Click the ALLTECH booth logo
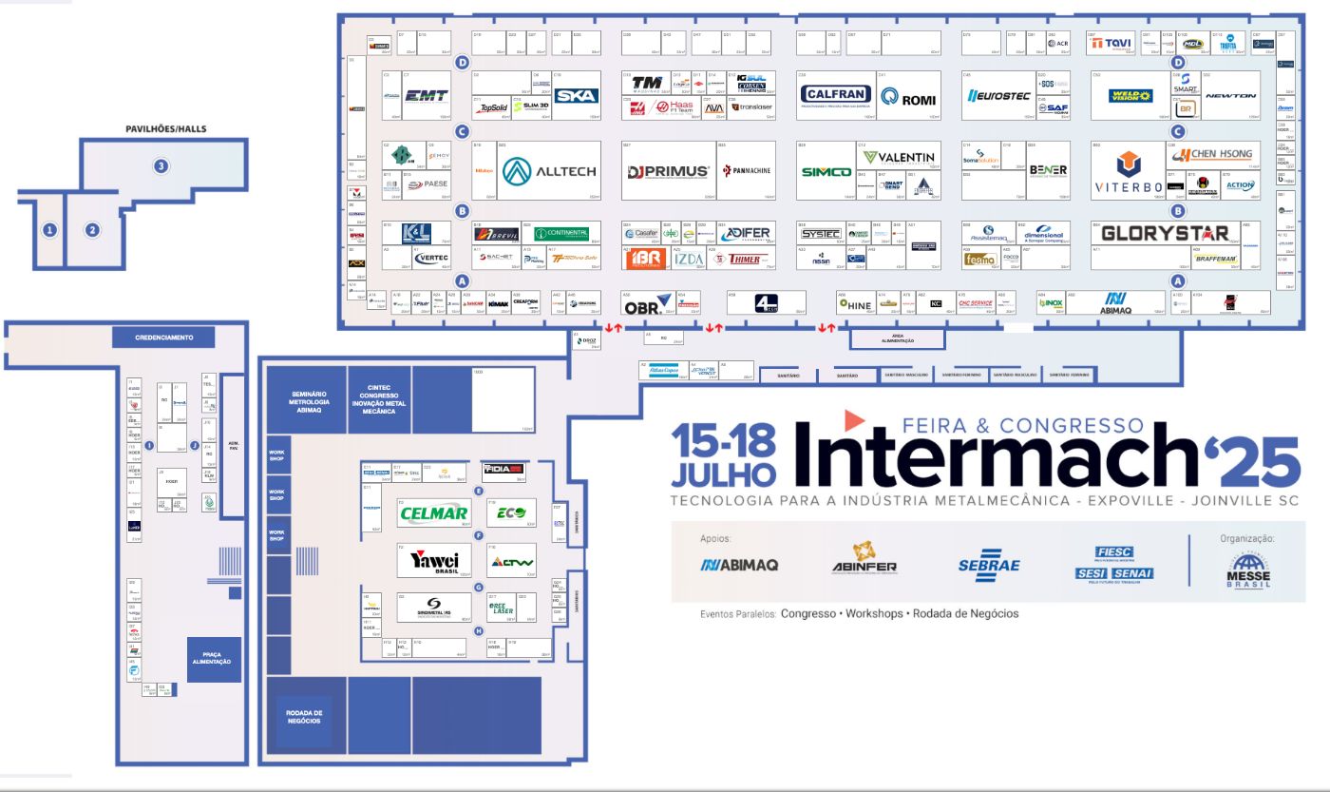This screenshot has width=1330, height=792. pyautogui.click(x=551, y=171)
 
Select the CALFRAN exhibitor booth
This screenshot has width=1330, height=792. pyautogui.click(x=835, y=95)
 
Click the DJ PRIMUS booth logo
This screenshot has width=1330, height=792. pyautogui.click(x=669, y=172)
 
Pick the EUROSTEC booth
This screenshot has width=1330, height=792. pyautogui.click(x=999, y=95)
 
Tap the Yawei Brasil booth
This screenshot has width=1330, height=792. pyautogui.click(x=434, y=561)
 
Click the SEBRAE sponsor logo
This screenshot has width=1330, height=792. pyautogui.click(x=989, y=564)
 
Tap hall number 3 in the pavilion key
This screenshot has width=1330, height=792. pyautogui.click(x=161, y=166)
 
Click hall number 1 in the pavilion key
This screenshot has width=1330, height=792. pyautogui.click(x=49, y=229)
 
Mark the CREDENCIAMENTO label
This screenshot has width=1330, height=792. pyautogui.click(x=164, y=338)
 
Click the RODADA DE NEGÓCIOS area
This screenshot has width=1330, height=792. pyautogui.click(x=305, y=716)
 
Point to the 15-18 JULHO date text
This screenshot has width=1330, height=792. pyautogui.click(x=724, y=454)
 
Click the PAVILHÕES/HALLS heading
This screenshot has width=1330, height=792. pyautogui.click(x=165, y=128)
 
